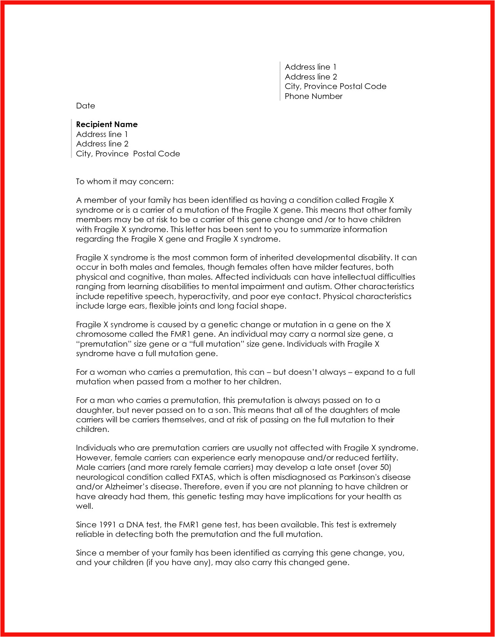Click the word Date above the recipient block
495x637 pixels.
85,106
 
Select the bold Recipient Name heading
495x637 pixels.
107,124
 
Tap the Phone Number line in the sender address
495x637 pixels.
313,96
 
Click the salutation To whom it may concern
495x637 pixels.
125,182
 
